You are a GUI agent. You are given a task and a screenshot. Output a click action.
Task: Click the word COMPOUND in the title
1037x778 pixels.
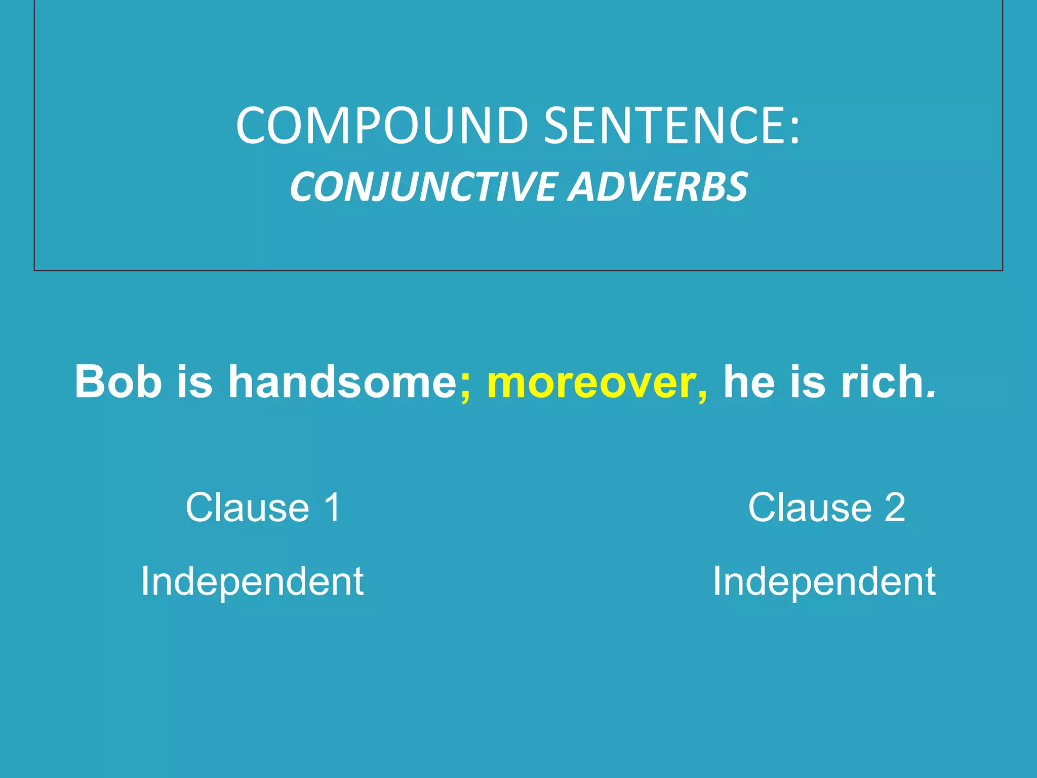click(x=383, y=126)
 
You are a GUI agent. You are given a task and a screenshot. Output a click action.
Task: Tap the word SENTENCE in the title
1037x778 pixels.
click(x=663, y=126)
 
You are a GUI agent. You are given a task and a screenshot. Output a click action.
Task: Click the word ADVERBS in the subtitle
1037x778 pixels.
click(x=657, y=187)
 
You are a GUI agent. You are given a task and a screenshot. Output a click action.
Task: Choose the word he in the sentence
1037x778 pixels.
click(x=749, y=381)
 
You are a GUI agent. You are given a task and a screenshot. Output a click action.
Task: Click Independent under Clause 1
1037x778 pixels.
click(x=252, y=581)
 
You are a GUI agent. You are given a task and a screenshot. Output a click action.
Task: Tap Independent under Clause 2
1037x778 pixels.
click(x=824, y=581)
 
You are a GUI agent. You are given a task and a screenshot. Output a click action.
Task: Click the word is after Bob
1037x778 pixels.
click(x=194, y=381)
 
